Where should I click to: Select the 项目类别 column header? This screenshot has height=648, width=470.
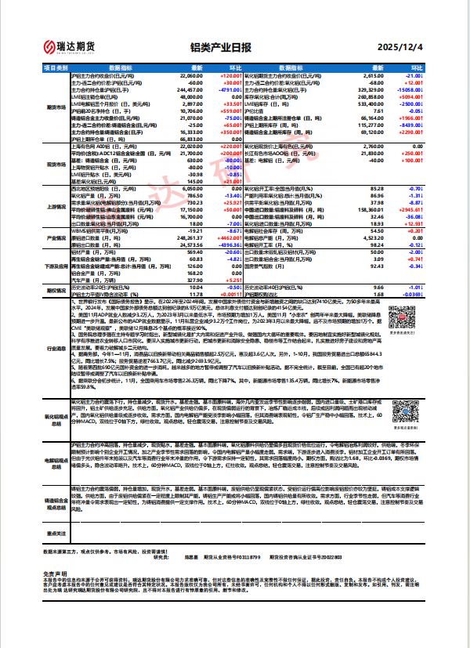(x=56, y=69)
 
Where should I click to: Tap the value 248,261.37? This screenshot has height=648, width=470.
(x=190, y=237)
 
